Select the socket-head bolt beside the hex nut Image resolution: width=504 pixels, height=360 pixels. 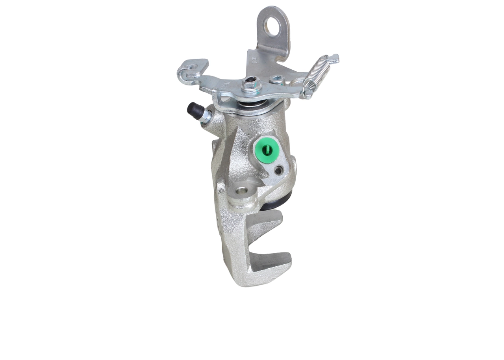[276, 80]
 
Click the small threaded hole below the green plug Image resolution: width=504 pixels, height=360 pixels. [279, 170]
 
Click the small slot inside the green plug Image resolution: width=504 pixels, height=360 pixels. [265, 149]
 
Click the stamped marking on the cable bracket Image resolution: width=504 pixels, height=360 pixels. [254, 60]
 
